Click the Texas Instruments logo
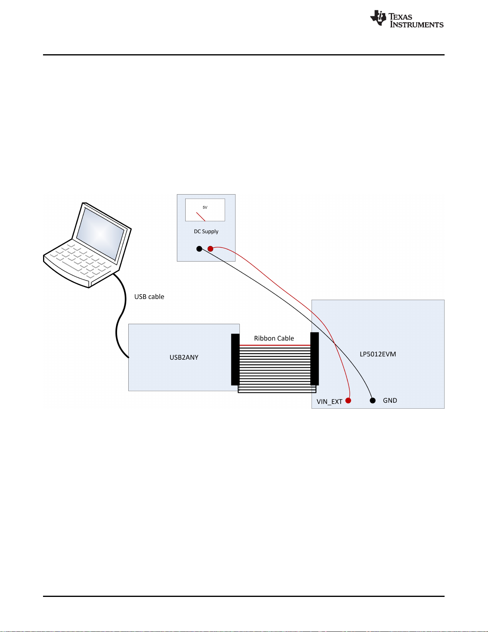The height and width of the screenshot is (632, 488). tap(407, 19)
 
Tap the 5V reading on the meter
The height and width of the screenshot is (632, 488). tap(205, 207)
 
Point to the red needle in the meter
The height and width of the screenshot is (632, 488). tap(201, 217)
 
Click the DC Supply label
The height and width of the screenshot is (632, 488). tap(206, 232)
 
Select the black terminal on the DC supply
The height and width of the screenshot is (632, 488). tap(199, 249)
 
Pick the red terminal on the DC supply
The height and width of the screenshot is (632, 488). tap(210, 249)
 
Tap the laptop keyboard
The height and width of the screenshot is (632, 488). tap(80, 261)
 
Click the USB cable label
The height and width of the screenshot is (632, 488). tap(149, 297)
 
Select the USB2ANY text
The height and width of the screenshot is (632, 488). tap(184, 357)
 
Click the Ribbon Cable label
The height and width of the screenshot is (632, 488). tap(274, 338)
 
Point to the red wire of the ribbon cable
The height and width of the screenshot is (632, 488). tap(275, 345)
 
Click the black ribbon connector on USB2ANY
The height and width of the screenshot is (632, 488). tap(235, 360)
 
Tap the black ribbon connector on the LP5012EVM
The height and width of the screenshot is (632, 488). tap(315, 358)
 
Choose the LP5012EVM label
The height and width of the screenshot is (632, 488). tap(378, 354)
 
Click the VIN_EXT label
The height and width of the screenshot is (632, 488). tap(329, 402)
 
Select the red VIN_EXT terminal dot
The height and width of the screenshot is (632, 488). tap(348, 400)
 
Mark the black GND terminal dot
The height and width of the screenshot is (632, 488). tap(373, 400)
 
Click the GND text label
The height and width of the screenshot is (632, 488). tap(390, 400)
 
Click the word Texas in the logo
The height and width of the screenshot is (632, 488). tap(400, 17)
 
